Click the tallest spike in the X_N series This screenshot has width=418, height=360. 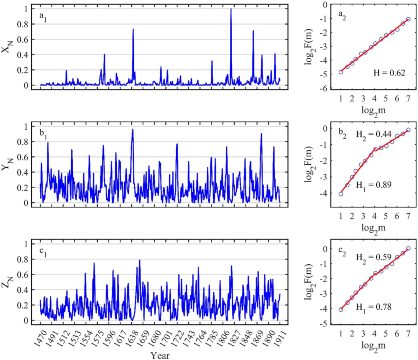(x=231, y=9)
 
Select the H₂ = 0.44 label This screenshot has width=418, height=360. (x=373, y=133)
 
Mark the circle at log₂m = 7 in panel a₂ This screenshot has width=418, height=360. (x=408, y=19)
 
